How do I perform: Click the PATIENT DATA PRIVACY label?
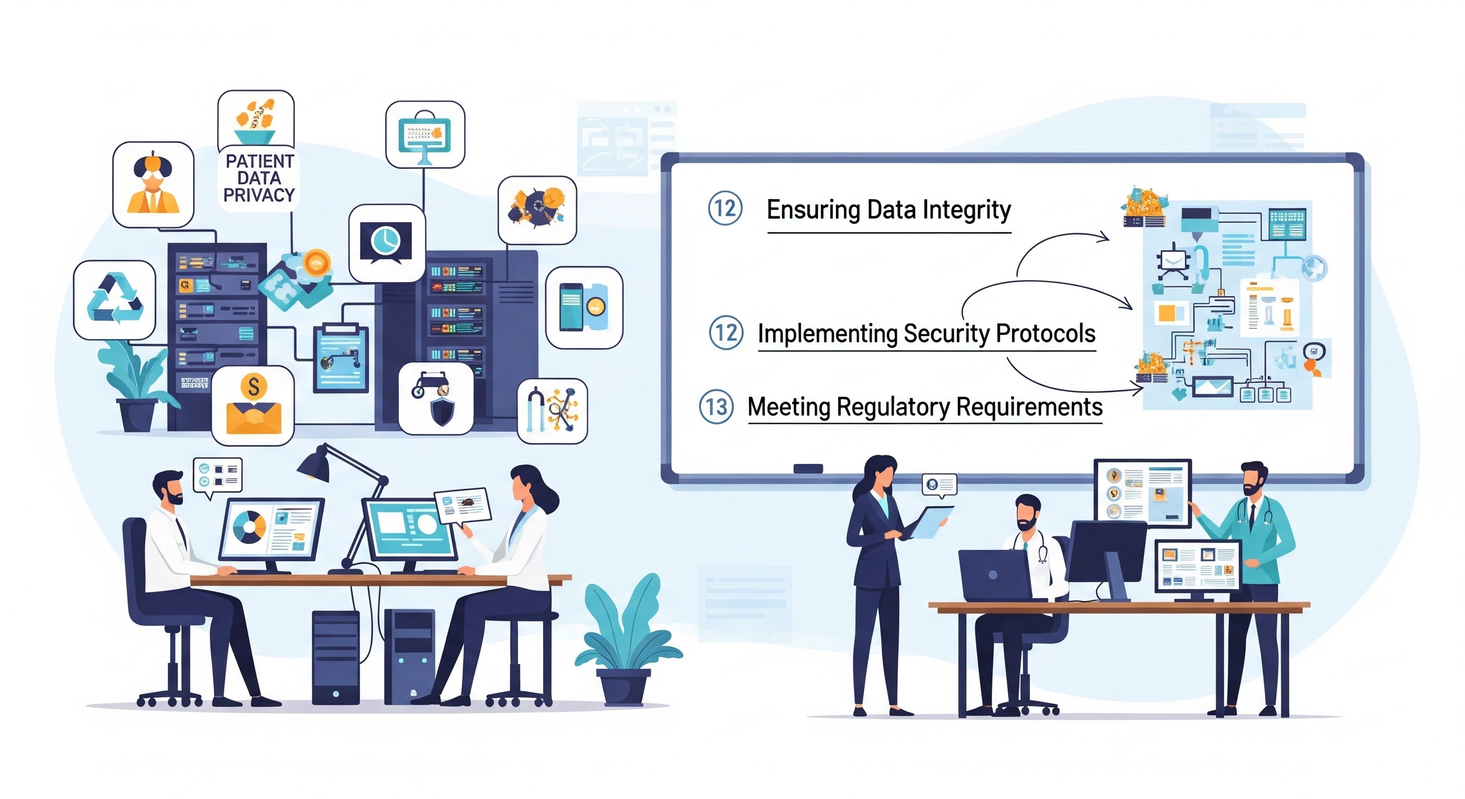click(x=259, y=178)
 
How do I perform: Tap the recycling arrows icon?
click(x=115, y=299)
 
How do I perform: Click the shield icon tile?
click(x=436, y=399)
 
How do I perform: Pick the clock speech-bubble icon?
click(x=386, y=243)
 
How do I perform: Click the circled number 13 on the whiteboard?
click(x=716, y=407)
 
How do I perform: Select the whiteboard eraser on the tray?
click(x=807, y=469)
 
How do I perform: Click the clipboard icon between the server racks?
click(x=341, y=358)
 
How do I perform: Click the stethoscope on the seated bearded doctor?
click(x=1042, y=549)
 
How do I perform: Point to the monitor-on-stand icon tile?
click(x=425, y=135)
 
